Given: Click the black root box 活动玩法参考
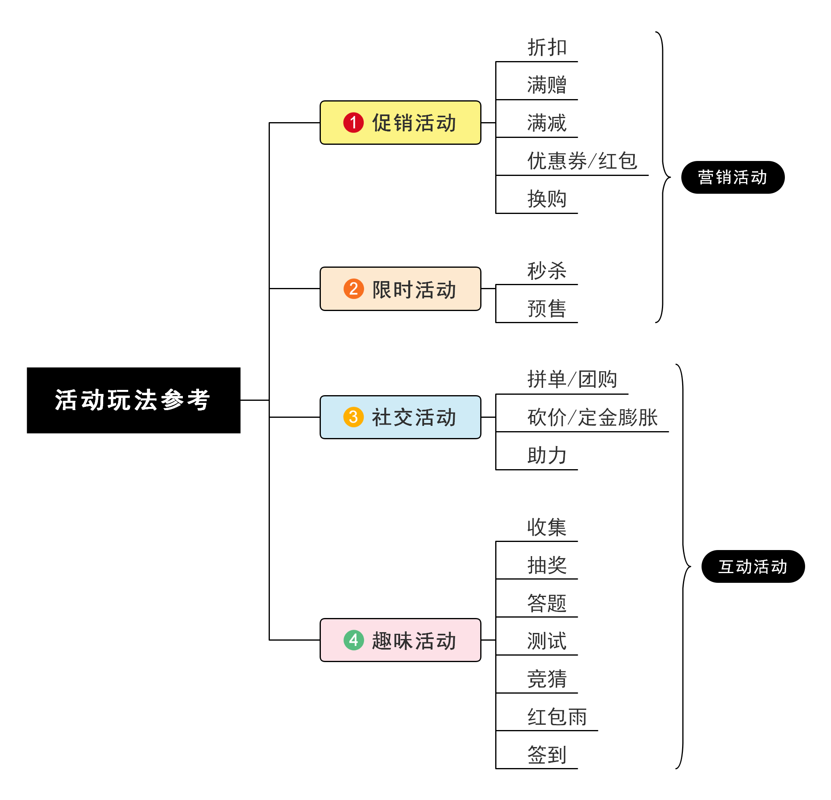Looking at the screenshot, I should tap(133, 400).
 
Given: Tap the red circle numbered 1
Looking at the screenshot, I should tap(353, 123).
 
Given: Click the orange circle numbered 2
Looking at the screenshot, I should tap(353, 289).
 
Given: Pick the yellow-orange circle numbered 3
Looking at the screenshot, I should tap(353, 417).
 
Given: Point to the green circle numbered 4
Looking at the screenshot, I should tap(353, 640).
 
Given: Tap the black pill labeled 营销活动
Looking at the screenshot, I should tap(732, 177).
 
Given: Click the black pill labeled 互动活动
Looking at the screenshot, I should tap(753, 566).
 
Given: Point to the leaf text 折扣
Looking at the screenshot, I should tap(547, 47).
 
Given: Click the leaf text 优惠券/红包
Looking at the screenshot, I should tap(582, 161).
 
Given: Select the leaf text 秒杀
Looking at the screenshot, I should tap(547, 271).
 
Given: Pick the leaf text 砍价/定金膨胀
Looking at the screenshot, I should tap(592, 417).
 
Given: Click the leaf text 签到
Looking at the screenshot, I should tap(547, 755).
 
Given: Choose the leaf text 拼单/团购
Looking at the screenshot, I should tap(572, 379).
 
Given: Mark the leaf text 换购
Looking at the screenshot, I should tap(547, 199).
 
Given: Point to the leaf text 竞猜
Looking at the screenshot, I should tap(547, 679).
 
